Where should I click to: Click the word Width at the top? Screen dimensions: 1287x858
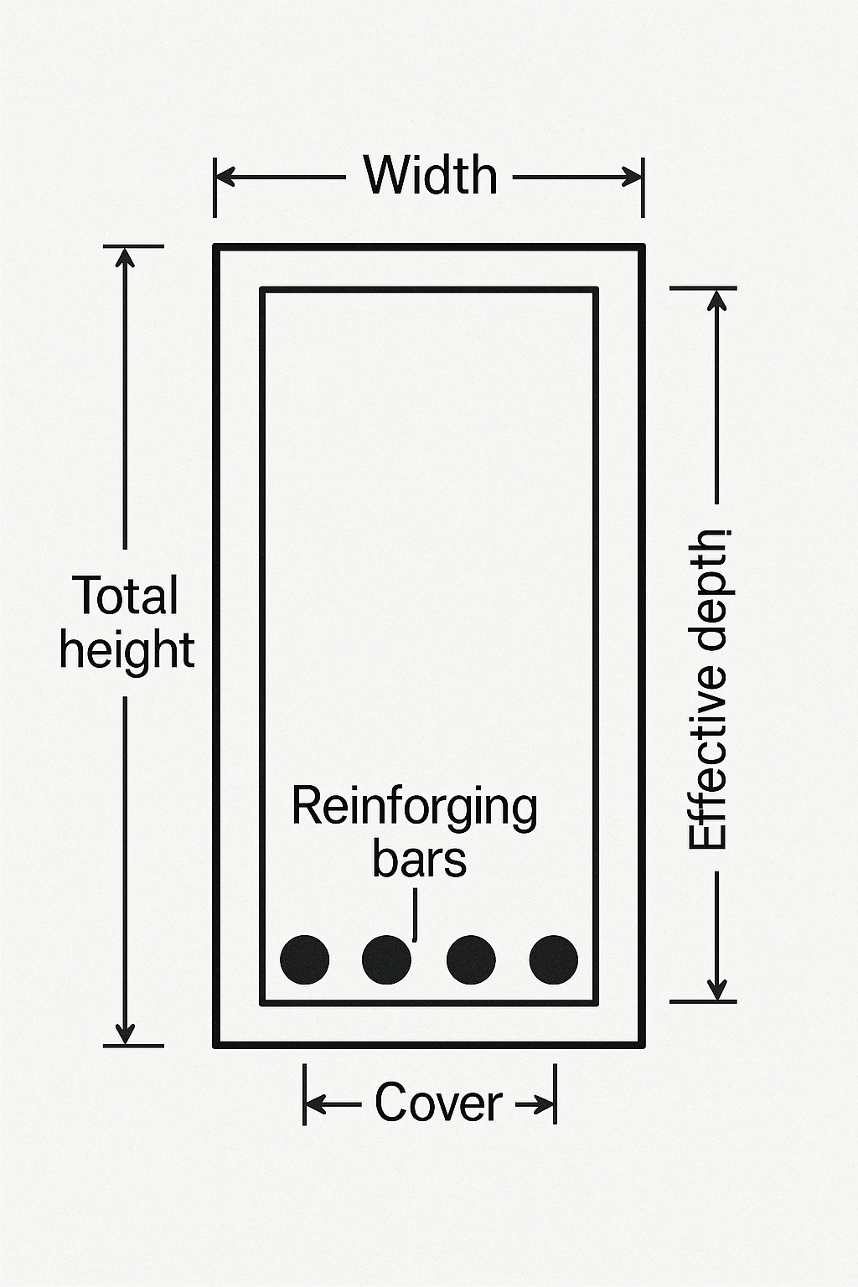pyautogui.click(x=430, y=176)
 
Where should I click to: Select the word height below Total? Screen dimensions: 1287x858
pyautogui.click(x=127, y=651)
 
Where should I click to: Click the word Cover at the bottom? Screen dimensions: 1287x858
pyautogui.click(x=438, y=1103)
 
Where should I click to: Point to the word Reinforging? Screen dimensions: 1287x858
pyautogui.click(x=415, y=807)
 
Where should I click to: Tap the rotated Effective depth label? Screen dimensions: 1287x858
pyautogui.click(x=708, y=689)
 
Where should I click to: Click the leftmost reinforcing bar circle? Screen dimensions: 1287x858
pyautogui.click(x=304, y=959)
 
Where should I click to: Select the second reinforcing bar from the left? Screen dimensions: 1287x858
pyautogui.click(x=386, y=959)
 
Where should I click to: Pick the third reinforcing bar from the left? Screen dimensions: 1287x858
pyautogui.click(x=471, y=959)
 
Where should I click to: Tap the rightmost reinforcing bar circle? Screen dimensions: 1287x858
pyautogui.click(x=554, y=959)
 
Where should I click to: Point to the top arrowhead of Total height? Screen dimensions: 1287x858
pyautogui.click(x=125, y=256)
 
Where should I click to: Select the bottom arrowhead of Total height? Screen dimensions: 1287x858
pyautogui.click(x=125, y=1036)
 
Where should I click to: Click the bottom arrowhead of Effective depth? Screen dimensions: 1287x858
pyautogui.click(x=717, y=990)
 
